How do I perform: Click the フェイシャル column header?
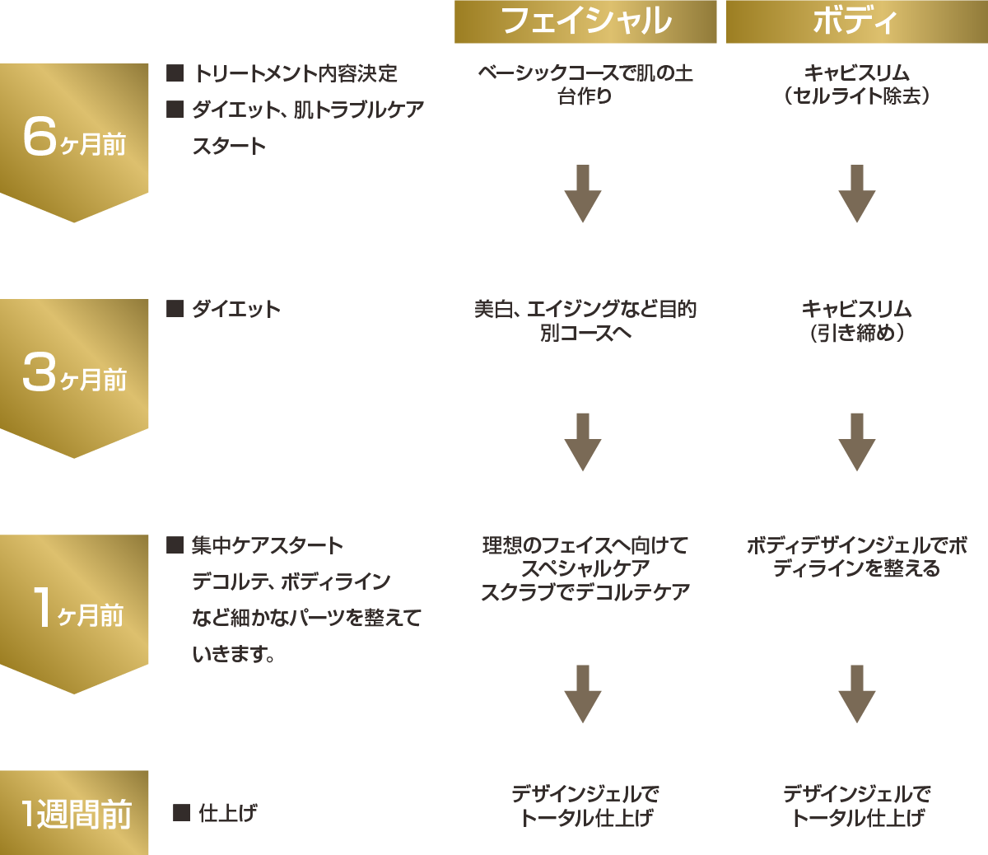(x=585, y=21)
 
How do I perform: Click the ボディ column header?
(x=856, y=21)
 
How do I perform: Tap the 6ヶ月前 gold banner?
(x=74, y=140)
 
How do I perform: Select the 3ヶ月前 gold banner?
(x=74, y=376)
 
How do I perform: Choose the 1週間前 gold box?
(x=74, y=813)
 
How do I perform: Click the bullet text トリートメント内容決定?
(x=295, y=73)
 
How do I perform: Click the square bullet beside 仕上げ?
(x=181, y=813)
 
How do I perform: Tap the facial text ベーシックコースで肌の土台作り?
(x=585, y=85)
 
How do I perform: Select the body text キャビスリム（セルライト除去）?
(x=856, y=85)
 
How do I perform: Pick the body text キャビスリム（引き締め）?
(x=856, y=320)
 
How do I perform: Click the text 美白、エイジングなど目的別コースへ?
(x=585, y=320)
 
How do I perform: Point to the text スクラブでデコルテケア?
(x=585, y=592)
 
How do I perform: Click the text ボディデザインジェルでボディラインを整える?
(x=856, y=557)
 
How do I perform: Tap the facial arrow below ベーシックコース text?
(x=583, y=194)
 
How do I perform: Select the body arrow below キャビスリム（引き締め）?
(x=856, y=442)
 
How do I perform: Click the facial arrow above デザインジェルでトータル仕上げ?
(x=583, y=694)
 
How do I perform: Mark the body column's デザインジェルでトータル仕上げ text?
(x=856, y=806)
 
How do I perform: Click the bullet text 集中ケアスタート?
(x=268, y=545)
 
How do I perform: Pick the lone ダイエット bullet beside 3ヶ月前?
(x=236, y=309)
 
